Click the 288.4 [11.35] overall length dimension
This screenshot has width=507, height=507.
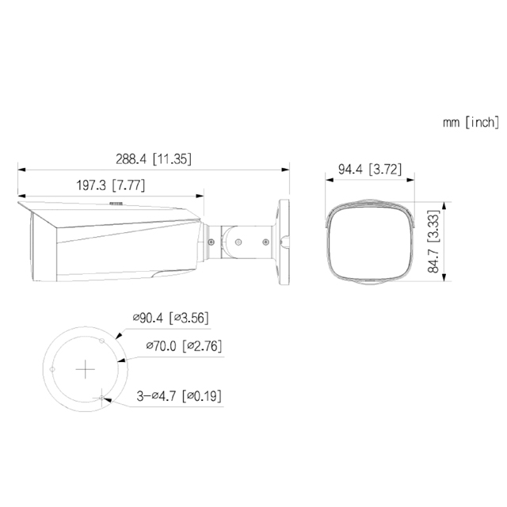click(x=152, y=158)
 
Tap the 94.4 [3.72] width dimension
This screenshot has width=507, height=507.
click(x=372, y=168)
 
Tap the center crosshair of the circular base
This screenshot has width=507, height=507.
click(x=85, y=369)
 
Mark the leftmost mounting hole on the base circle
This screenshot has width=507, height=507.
click(x=52, y=369)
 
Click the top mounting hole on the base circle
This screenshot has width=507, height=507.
click(x=101, y=340)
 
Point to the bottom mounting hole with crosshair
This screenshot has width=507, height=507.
click(x=101, y=397)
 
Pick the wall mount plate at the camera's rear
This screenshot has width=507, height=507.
click(x=281, y=238)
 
